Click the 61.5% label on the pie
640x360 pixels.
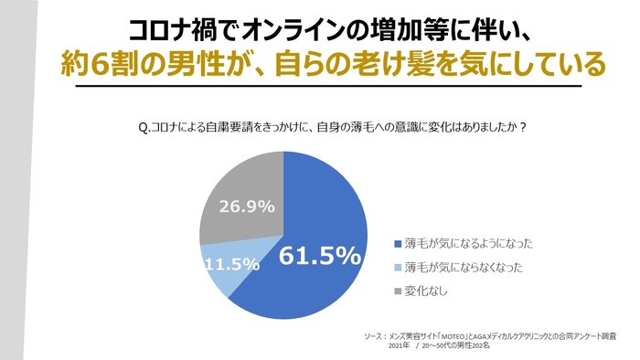(320, 257)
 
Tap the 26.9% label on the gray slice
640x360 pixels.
(246, 206)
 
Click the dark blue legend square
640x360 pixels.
(396, 245)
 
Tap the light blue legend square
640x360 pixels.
(396, 269)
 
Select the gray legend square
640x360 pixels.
(396, 292)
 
